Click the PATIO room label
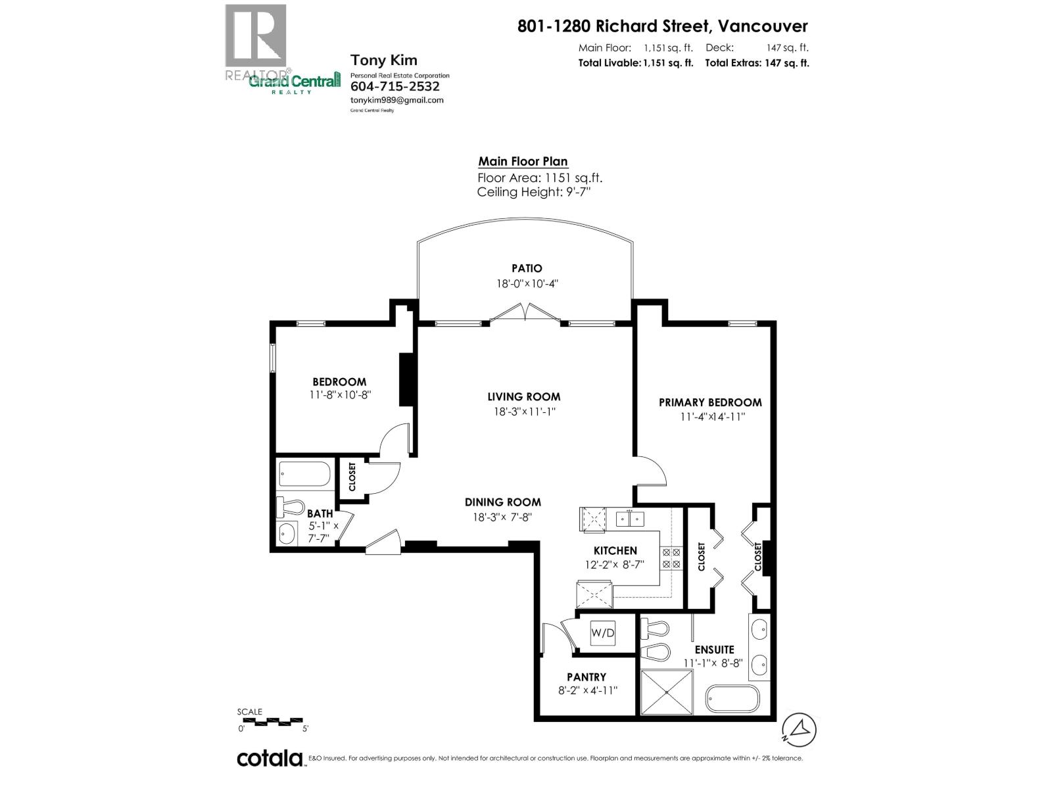(x=527, y=268)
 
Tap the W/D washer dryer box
(x=602, y=633)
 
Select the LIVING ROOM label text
(x=523, y=396)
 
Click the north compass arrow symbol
(x=800, y=729)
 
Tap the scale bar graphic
(x=272, y=721)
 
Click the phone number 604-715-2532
(x=394, y=86)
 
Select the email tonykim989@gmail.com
(x=396, y=100)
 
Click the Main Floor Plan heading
(x=523, y=162)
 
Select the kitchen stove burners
(x=671, y=558)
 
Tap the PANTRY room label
(x=586, y=677)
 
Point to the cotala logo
(x=270, y=758)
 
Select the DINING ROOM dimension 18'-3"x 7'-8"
(x=502, y=517)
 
